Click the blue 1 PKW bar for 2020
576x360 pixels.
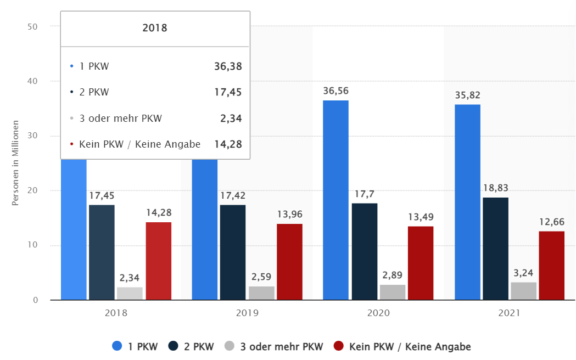pyautogui.click(x=335, y=200)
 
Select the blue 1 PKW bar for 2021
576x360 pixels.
pyautogui.click(x=467, y=202)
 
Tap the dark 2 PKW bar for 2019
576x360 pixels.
pyautogui.click(x=233, y=252)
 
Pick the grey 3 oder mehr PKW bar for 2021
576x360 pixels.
pyautogui.click(x=523, y=291)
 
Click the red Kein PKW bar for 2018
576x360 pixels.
pyautogui.click(x=158, y=261)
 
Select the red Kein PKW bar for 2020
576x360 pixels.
pyautogui.click(x=421, y=263)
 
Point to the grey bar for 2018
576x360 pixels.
pyautogui.click(x=130, y=293)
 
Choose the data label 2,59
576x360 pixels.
pyautogui.click(x=261, y=277)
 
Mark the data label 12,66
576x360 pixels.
pyautogui.click(x=551, y=222)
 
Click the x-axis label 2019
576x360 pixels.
pyautogui.click(x=247, y=313)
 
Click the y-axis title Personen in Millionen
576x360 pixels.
pyautogui.click(x=15, y=163)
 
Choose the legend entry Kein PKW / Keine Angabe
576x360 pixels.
pyautogui.click(x=402, y=346)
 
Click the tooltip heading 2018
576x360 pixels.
pyautogui.click(x=155, y=28)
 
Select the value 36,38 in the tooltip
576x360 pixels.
pyautogui.click(x=228, y=66)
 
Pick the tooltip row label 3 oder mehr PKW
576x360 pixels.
pyautogui.click(x=121, y=118)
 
